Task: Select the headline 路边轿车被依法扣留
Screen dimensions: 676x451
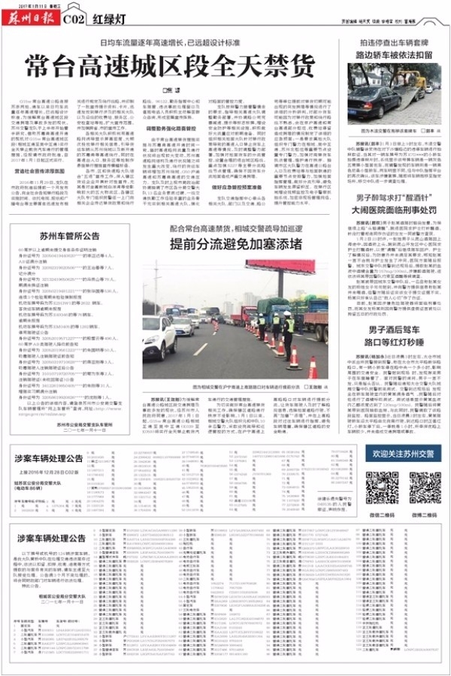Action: (x=393, y=55)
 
